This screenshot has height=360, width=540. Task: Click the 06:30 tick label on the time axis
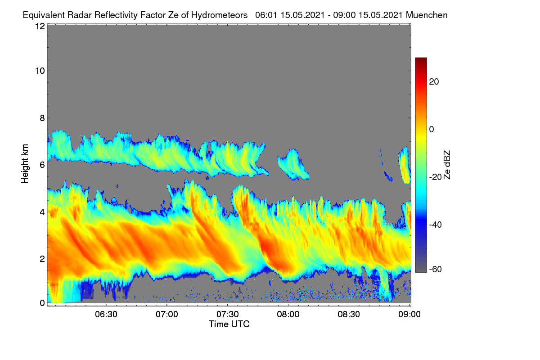coord(106,315)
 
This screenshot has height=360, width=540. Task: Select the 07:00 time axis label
coord(167,315)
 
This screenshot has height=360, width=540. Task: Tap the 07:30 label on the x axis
coord(228,315)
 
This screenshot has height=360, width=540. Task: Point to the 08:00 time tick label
coord(288,315)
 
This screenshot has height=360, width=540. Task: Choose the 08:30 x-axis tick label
coord(349,315)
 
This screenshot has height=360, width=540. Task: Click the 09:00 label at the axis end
coord(409,315)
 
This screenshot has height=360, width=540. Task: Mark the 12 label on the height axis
coord(40,26)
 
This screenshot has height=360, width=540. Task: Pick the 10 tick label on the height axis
coord(40,71)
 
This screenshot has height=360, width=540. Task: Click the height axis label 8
coord(42,118)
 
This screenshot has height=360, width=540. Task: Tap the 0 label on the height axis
coord(42,303)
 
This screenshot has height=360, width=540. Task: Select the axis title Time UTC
coord(229,324)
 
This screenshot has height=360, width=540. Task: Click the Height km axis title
coord(25,164)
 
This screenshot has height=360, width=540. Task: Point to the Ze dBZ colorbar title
coord(447,165)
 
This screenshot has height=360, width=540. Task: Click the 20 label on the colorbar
coord(434,82)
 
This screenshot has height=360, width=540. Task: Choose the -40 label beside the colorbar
coord(436,225)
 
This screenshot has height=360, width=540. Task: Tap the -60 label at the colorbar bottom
coord(436,270)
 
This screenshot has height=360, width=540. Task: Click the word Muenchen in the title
coord(427,15)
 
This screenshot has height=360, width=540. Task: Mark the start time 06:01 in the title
coord(265,15)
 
